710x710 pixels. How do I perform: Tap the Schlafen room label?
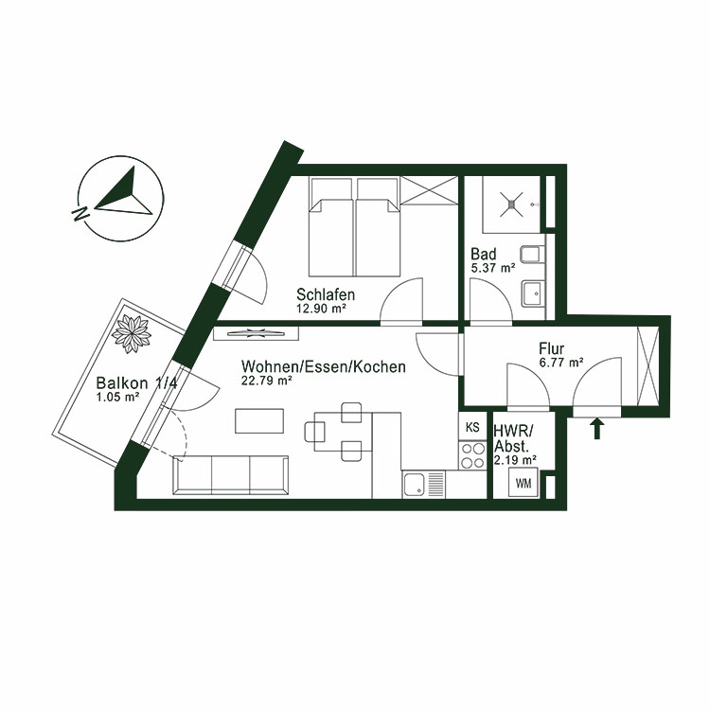325,293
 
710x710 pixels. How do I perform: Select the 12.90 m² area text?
321,308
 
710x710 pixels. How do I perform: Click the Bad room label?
484,254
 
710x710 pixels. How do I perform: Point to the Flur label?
553,347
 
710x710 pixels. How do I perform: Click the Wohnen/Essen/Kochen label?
324,366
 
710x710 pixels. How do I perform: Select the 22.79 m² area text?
266,382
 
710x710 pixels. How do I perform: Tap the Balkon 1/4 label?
131,383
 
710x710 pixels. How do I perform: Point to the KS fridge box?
470,428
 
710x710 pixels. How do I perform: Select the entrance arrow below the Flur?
597,430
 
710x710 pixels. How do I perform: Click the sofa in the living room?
231,473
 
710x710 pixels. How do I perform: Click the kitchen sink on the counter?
414,486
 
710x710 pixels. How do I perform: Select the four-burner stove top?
471,459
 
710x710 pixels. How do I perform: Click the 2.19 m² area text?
515,460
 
